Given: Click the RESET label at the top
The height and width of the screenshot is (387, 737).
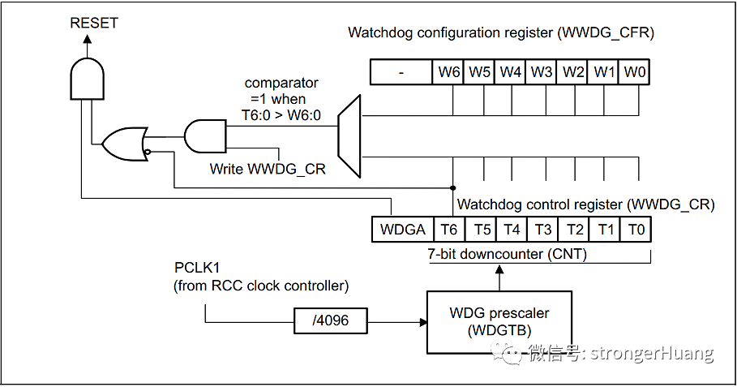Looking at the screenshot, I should coord(94,23).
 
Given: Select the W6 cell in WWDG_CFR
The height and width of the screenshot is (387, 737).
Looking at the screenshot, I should coord(449,71).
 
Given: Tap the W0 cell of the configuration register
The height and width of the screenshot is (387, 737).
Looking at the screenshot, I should coord(636,71).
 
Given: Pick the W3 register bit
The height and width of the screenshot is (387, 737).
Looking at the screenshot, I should coord(542,71).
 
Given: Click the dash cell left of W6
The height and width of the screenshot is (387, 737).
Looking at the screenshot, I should coord(401,71).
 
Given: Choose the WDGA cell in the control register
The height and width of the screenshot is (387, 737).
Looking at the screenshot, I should coord(402,229).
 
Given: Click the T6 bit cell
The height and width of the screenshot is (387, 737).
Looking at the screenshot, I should coord(449,229).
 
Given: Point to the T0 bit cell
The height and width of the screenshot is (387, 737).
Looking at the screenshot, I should coord(636,229).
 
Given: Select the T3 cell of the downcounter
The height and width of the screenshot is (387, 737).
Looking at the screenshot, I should coord(542,229).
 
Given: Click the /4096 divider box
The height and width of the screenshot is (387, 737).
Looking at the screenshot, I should coord(331,320).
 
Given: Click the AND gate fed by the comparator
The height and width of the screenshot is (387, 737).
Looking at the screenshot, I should coord(206,135).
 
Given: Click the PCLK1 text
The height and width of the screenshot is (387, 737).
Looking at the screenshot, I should coord(196,268).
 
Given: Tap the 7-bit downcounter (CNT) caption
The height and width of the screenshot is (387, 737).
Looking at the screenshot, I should coord(507,254).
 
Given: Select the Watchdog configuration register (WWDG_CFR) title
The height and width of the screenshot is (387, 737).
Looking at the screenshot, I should coord(500,32).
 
